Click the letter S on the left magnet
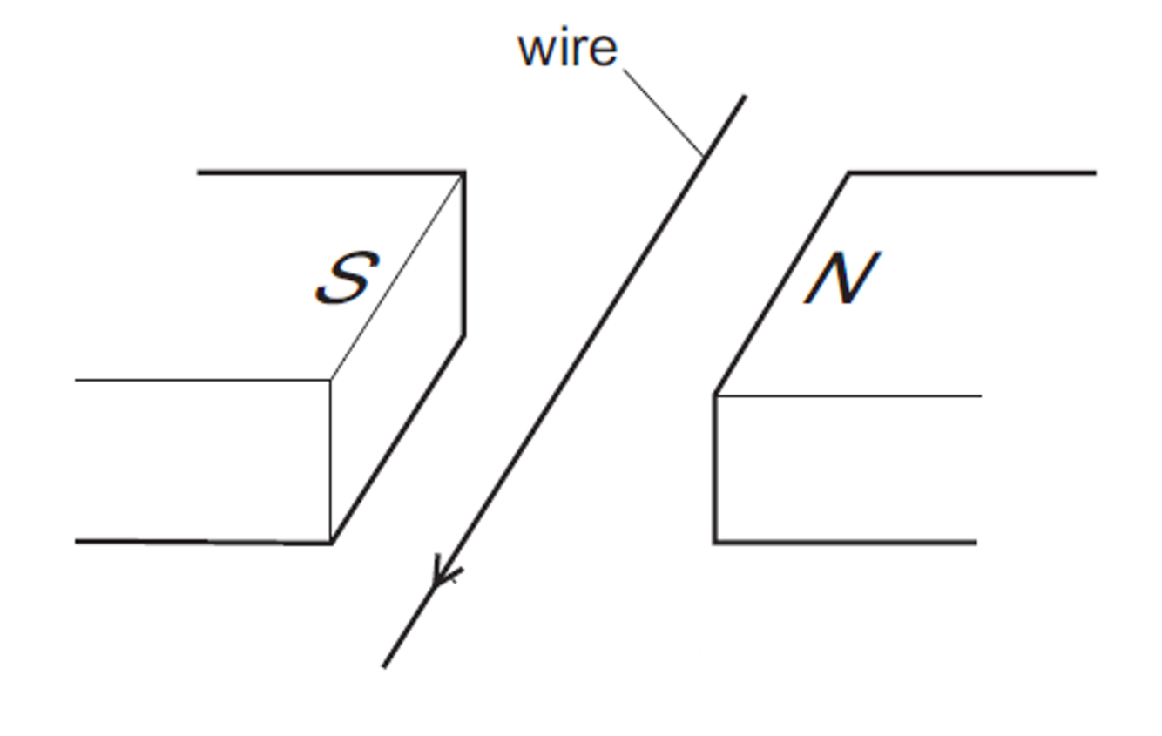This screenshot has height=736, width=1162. [347, 278]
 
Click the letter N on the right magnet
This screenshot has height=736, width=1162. [841, 279]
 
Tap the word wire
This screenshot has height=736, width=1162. [567, 49]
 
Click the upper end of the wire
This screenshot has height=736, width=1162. [744, 98]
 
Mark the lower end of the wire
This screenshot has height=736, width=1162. [384, 666]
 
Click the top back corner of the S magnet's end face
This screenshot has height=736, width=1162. [463, 173]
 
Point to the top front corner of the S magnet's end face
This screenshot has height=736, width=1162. [331, 380]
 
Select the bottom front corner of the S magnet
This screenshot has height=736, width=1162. [332, 542]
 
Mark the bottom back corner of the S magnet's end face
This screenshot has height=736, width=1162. [463, 335]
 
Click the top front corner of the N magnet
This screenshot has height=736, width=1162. [715, 395]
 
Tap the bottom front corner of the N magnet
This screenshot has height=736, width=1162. [715, 542]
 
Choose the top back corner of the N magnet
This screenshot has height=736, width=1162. [849, 173]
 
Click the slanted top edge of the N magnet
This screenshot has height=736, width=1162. [782, 284]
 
